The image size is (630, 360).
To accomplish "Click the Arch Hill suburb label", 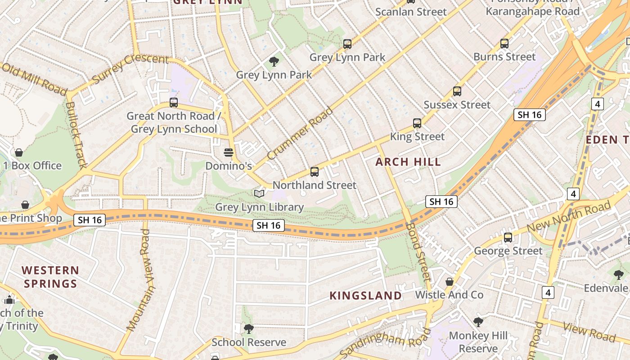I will [x=408, y=162].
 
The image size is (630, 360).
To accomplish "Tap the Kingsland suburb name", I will [x=365, y=296].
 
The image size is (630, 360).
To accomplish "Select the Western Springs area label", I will [x=50, y=277].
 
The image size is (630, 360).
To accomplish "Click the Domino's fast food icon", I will [x=229, y=153].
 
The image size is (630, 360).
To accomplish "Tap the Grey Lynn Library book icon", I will [x=259, y=194].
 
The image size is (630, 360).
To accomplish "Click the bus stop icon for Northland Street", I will [x=314, y=171].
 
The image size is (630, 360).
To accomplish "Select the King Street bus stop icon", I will [x=417, y=123].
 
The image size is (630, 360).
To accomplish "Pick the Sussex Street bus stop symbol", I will [x=457, y=91].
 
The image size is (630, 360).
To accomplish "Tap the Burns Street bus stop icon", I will [x=504, y=44].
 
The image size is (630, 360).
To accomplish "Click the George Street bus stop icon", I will [x=508, y=237].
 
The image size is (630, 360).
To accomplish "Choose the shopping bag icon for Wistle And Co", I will [x=449, y=282].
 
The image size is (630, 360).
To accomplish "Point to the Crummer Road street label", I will [x=300, y=133].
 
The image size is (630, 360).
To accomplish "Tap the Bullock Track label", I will [x=76, y=135].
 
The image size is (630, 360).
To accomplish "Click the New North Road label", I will [x=569, y=218].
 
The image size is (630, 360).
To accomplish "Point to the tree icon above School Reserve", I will [x=248, y=329].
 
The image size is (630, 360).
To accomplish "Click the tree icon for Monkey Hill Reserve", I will [x=478, y=322].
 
